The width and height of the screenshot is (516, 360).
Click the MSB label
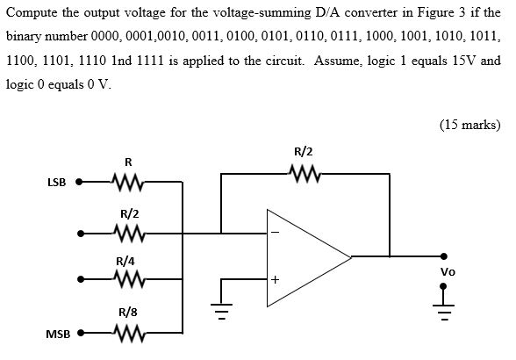pyautogui.click(x=57, y=335)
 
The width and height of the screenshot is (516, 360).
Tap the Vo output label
pyautogui.click(x=448, y=272)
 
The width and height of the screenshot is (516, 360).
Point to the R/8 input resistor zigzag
pyautogui.click(x=127, y=334)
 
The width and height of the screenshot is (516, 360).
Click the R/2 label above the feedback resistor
pyautogui.click(x=303, y=151)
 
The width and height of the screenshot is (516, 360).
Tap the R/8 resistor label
pyautogui.click(x=128, y=312)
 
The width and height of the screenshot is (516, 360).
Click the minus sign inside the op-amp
pyautogui.click(x=275, y=233)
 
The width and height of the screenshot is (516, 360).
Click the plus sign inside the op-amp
pyautogui.click(x=275, y=281)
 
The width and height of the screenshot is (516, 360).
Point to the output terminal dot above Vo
pyautogui.click(x=447, y=257)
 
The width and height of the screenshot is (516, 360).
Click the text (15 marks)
pyautogui.click(x=469, y=124)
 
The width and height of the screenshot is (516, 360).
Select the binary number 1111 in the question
pyautogui.click(x=114, y=62)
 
